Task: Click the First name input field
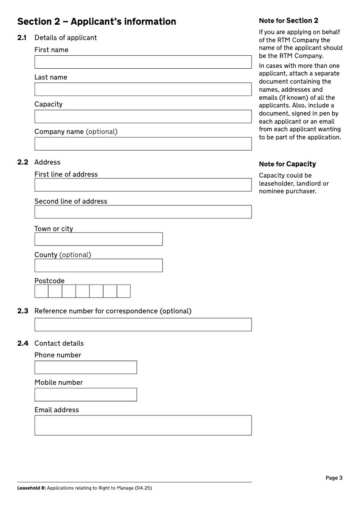click(143, 62)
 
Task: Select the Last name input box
click(143, 89)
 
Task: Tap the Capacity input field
click(143, 116)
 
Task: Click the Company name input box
click(143, 144)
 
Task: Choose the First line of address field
click(143, 185)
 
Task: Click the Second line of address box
click(143, 212)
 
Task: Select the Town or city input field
click(98, 239)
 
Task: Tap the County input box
click(98, 265)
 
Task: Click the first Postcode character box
click(41, 291)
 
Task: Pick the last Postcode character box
click(124, 291)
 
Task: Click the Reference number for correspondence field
click(143, 325)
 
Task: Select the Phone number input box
click(85, 367)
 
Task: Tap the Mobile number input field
click(85, 395)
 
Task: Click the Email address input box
click(143, 425)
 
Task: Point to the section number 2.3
click(22, 311)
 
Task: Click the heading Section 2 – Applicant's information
click(96, 22)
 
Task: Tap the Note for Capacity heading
click(287, 164)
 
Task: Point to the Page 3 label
click(334, 478)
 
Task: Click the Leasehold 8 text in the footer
click(31, 488)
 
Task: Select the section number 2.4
click(22, 343)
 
